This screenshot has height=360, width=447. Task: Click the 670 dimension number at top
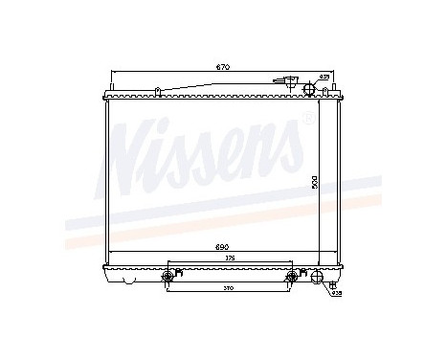222,68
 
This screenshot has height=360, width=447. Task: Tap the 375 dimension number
227,259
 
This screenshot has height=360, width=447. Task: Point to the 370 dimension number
227,288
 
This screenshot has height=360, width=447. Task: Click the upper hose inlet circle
309,89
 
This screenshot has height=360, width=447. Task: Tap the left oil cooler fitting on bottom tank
168,277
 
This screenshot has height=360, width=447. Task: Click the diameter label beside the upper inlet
324,76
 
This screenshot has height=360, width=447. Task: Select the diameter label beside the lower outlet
335,293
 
